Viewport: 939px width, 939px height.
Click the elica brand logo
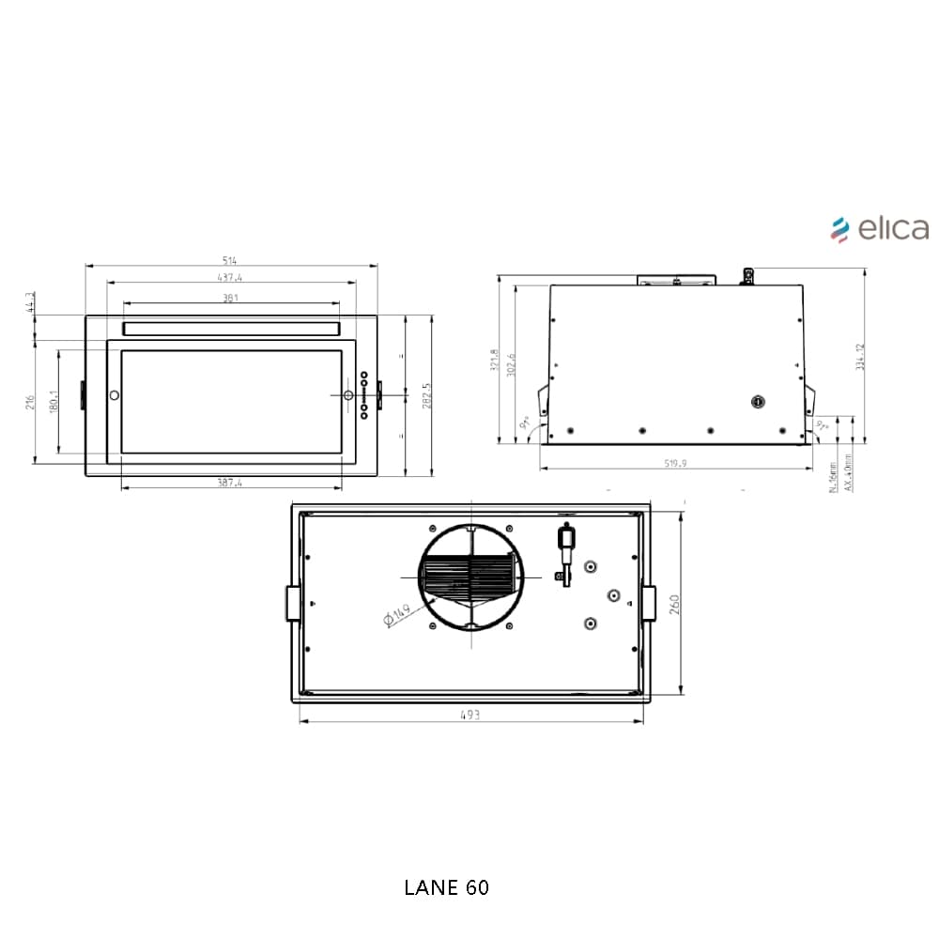coord(880,228)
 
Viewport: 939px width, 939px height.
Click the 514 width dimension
coord(231,260)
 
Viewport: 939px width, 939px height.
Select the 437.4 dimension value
coord(230,278)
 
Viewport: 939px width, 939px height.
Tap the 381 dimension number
coord(231,299)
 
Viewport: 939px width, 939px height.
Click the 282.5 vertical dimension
coord(426,395)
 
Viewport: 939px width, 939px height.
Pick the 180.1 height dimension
coord(54,401)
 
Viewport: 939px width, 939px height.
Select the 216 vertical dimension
coord(30,402)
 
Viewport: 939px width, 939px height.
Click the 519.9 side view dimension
coord(675,463)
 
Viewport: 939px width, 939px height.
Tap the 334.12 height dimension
coord(860,357)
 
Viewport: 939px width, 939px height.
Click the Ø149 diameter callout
coord(397,616)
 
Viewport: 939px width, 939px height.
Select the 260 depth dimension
coord(674,604)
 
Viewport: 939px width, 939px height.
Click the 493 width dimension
coord(470,715)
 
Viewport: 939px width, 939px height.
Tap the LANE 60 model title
coord(446,887)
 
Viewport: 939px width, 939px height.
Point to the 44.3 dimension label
coord(30,302)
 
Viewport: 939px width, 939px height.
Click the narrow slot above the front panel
coord(231,329)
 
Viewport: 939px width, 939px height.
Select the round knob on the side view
coord(759,402)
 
